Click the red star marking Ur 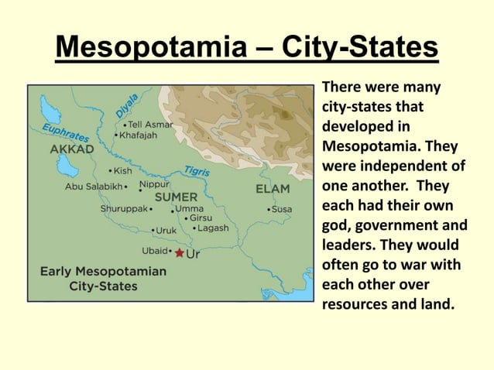pos(180,253)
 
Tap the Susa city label pos(281,209)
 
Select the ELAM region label pos(273,188)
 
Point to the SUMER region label pos(176,197)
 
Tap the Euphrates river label pos(64,132)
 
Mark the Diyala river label pos(128,107)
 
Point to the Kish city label pos(122,170)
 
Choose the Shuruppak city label pos(123,209)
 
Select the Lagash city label pos(213,228)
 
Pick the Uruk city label pos(166,230)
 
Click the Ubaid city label pos(155,251)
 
